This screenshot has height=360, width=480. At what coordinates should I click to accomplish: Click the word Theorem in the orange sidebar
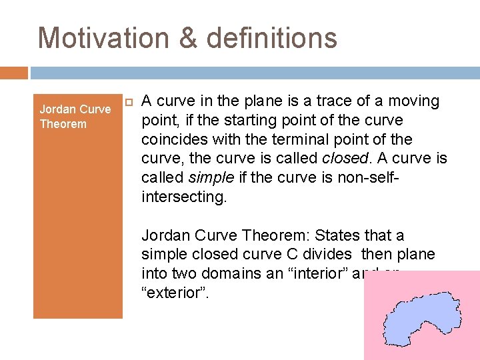coord(63,124)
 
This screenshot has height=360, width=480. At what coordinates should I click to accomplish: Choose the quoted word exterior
coord(175,293)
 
